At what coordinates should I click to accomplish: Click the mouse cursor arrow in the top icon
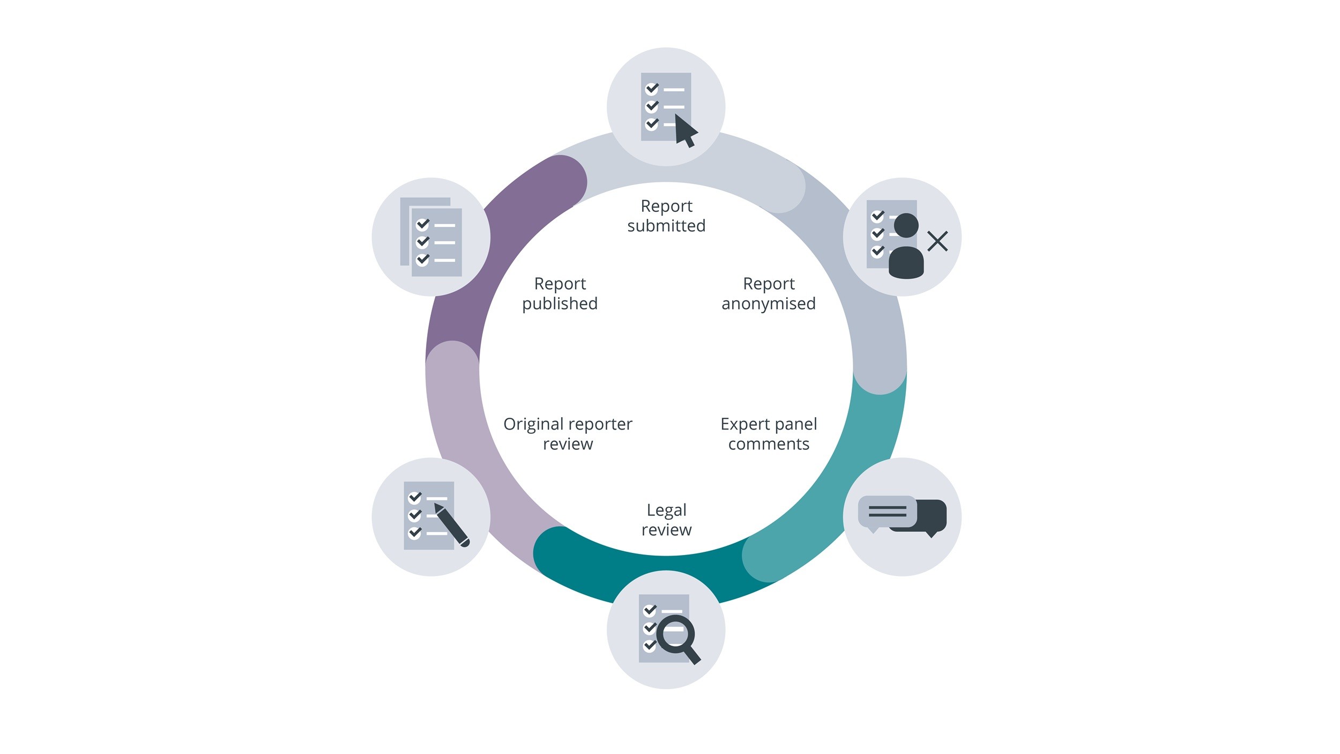(685, 130)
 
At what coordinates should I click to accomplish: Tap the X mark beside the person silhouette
(937, 241)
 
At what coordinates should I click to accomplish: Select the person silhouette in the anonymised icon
(906, 247)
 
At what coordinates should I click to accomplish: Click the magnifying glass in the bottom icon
(676, 636)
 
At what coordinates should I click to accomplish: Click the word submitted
(666, 226)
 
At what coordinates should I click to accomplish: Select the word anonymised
(768, 304)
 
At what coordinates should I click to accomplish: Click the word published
(560, 304)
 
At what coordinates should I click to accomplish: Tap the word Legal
(666, 510)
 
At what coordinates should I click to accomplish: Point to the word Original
(531, 424)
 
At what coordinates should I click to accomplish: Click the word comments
(768, 444)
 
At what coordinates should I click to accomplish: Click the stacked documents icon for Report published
(431, 237)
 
